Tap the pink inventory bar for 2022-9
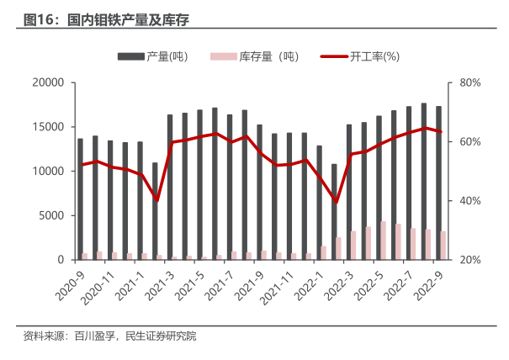tap(443, 246)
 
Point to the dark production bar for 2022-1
tap(319, 203)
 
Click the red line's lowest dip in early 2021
tap(156, 200)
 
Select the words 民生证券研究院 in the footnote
tap(161, 337)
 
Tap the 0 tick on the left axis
tap(61, 260)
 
